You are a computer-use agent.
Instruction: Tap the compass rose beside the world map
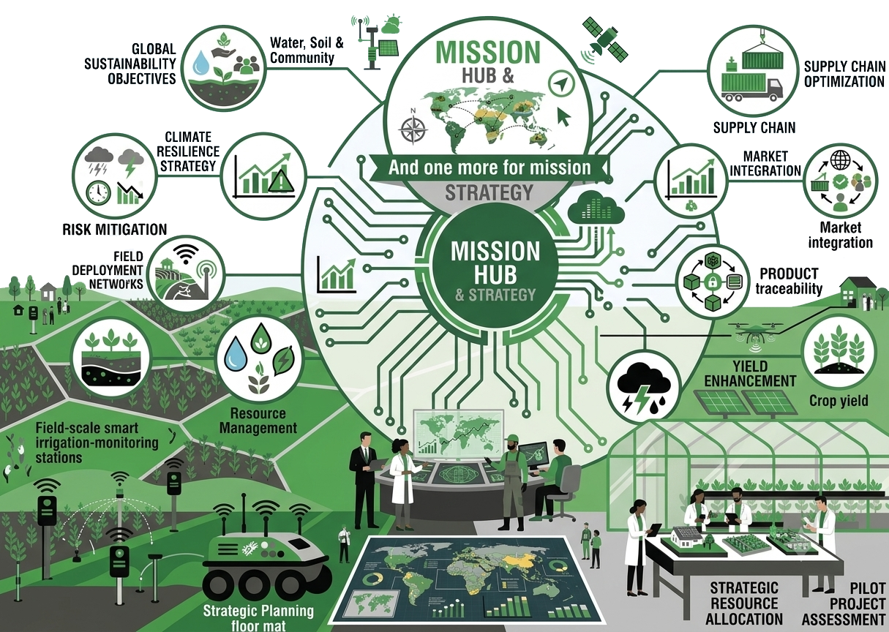point(413,129)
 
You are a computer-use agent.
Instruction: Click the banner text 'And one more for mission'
point(489,168)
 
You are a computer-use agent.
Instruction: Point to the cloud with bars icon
point(596,208)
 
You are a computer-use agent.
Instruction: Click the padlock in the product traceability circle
point(711,283)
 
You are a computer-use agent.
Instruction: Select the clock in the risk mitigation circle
point(97,192)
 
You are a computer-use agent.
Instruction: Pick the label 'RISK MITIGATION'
point(115,229)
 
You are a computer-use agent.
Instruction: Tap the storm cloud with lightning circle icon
point(644,388)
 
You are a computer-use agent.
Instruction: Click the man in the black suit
point(365,481)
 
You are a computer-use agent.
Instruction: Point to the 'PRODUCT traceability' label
point(789,280)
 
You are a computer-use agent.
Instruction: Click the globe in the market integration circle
point(841,161)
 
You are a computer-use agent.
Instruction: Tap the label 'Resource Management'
point(258,421)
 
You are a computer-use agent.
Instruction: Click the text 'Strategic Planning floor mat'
point(258,617)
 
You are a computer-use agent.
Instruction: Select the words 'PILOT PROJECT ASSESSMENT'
point(844,603)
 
